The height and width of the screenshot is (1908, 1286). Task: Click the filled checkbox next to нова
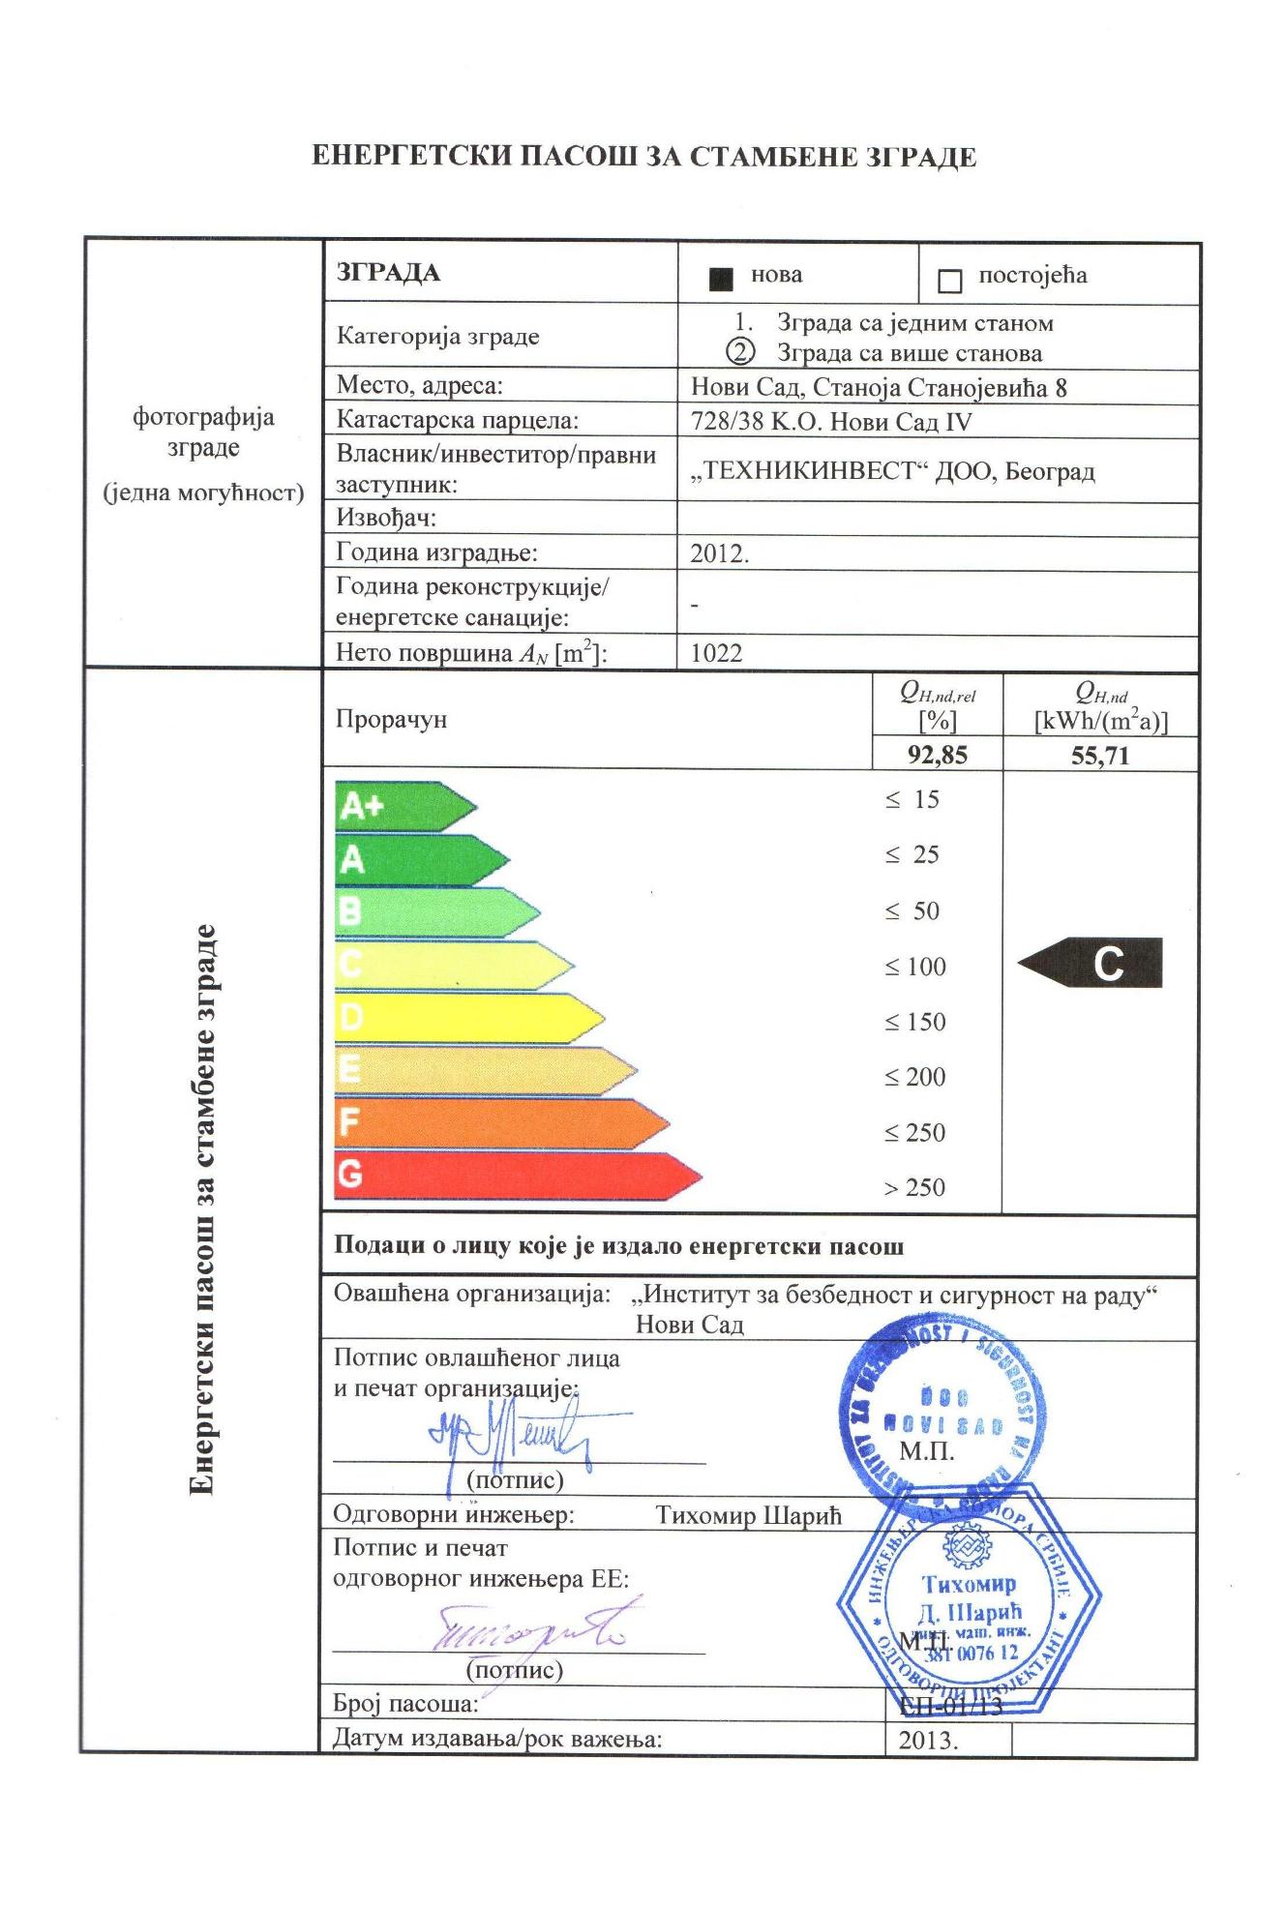pos(720,280)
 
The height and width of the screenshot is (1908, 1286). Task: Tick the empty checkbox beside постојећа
pos(949,282)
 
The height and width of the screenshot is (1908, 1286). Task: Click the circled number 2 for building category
pos(740,352)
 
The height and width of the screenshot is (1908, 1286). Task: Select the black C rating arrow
pos(1092,963)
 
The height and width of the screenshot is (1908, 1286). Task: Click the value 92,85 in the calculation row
pos(937,756)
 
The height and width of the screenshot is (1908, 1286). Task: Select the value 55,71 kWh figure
pos(1100,756)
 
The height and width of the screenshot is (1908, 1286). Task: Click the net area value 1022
pos(716,653)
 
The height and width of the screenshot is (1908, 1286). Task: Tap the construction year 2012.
pos(719,554)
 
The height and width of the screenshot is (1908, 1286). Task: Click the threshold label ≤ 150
pos(914,1022)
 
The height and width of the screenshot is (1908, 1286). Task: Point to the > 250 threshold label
pos(914,1187)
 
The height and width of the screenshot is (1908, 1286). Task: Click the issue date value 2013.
pos(927,1741)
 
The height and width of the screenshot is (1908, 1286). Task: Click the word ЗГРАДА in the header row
pos(388,273)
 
